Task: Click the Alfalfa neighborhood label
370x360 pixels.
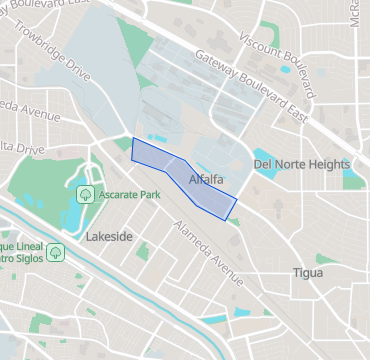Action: [x=205, y=179]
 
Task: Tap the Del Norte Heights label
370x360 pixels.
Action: [x=301, y=164]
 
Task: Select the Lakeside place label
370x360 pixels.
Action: [x=109, y=237]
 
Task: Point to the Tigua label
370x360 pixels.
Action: [x=308, y=272]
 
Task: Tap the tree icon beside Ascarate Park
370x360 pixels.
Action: [x=86, y=192]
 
